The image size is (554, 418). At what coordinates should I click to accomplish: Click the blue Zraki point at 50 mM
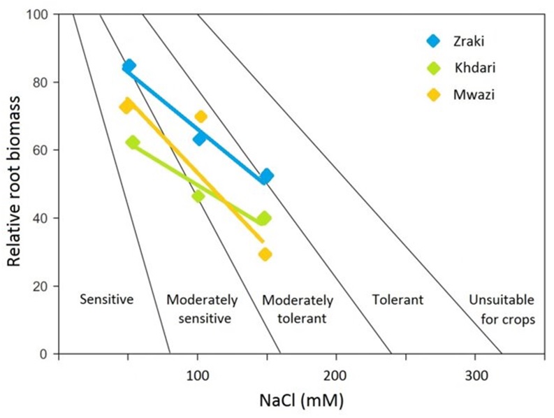click(129, 66)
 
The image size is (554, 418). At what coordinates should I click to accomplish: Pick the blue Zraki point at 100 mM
click(199, 138)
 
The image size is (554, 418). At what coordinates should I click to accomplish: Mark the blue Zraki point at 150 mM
click(265, 176)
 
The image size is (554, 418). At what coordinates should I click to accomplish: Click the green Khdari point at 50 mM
click(133, 143)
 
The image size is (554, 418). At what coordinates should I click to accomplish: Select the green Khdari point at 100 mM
click(198, 196)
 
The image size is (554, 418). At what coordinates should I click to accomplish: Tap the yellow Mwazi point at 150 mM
click(265, 254)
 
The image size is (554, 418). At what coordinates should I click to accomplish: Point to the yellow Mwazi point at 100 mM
click(201, 117)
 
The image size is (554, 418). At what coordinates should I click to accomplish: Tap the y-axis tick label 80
click(43, 82)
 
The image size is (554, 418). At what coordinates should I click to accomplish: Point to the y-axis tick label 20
click(43, 287)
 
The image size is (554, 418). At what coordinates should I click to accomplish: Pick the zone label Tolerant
click(398, 301)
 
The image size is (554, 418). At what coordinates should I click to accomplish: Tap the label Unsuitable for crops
click(502, 310)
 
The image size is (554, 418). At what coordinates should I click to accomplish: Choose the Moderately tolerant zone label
click(298, 310)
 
